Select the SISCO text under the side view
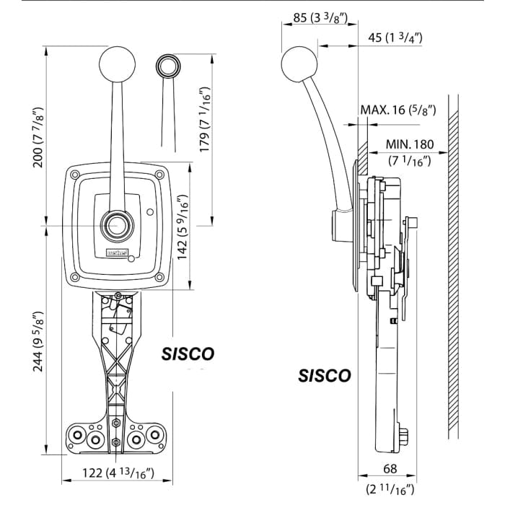tap(325, 376)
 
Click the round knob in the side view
tap(297, 61)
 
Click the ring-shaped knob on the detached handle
tap(168, 65)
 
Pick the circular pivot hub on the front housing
tap(116, 226)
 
